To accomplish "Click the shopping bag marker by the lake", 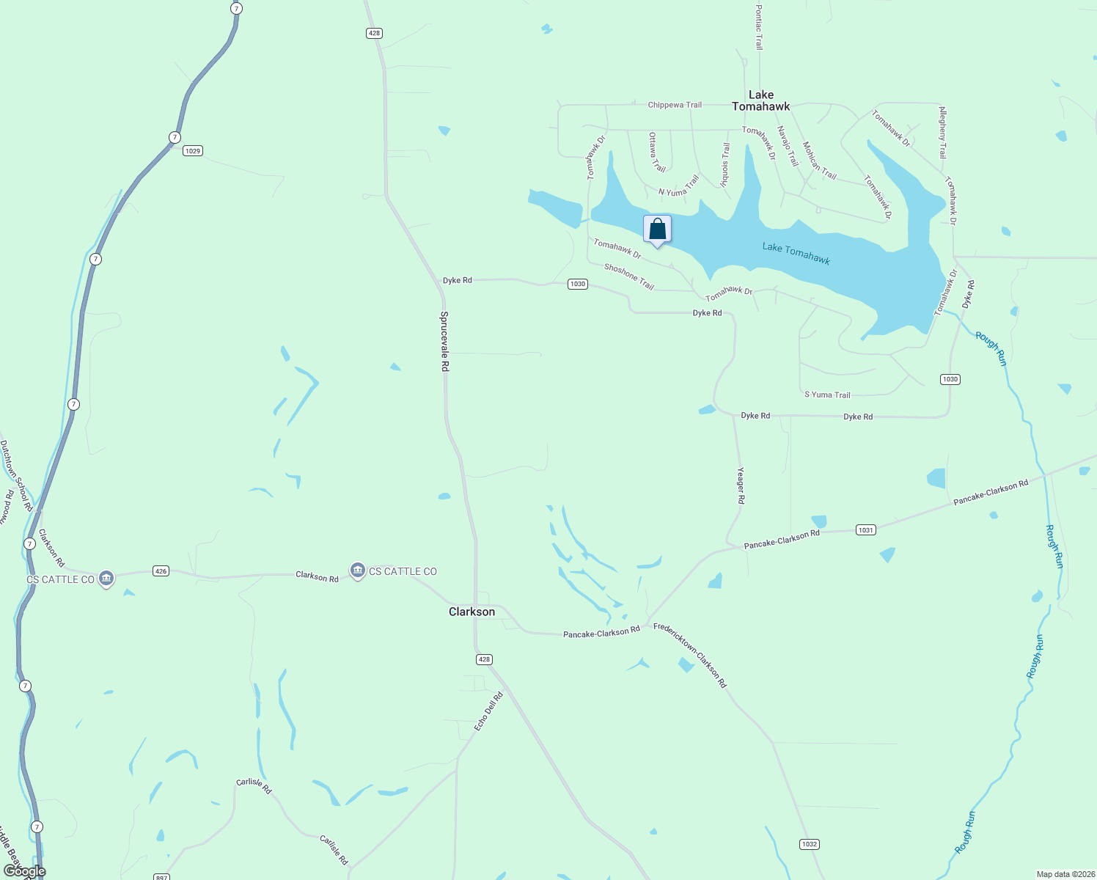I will click(x=657, y=230).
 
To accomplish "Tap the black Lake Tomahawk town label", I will click(x=761, y=100).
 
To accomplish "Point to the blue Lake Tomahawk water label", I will click(x=796, y=253).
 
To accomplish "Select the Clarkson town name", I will click(x=472, y=612).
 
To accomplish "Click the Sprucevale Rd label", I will click(x=444, y=341).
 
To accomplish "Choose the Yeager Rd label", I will click(x=741, y=485).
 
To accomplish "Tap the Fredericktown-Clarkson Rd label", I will click(x=690, y=655).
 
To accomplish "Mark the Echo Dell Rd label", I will click(x=488, y=711).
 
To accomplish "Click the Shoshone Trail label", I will click(x=628, y=276).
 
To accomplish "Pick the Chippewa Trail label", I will click(x=675, y=105).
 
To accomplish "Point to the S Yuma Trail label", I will click(x=827, y=395).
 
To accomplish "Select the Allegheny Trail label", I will click(x=943, y=133).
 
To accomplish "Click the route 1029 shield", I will click(x=193, y=151).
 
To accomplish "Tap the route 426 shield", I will click(x=161, y=571).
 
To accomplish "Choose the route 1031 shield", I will click(x=865, y=529).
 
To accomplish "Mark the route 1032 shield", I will click(x=809, y=844).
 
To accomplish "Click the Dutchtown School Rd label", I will click(x=15, y=475).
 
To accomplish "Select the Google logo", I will click(x=24, y=871).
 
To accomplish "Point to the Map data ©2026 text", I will click(x=1065, y=874).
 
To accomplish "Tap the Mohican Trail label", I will click(x=819, y=161).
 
